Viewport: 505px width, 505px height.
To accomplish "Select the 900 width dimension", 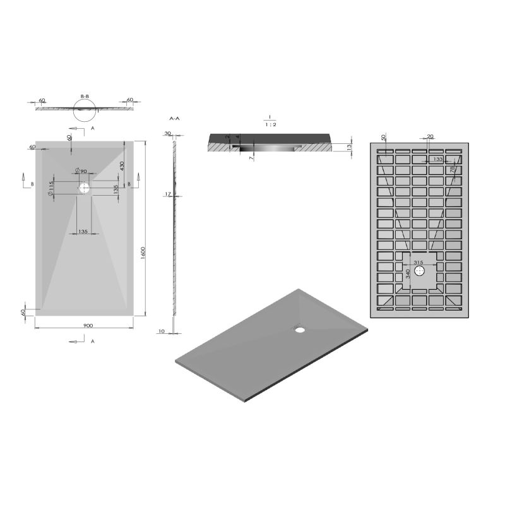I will click(88, 325).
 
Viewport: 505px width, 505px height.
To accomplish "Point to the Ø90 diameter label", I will click(81, 172).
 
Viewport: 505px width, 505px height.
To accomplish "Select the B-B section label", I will click(85, 97).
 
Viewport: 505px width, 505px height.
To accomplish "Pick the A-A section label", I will click(175, 118).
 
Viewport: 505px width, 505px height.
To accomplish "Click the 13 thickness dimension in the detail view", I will click(349, 146).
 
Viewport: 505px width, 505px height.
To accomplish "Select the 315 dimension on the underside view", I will click(418, 263).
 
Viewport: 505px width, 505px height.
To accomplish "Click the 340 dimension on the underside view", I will click(408, 273).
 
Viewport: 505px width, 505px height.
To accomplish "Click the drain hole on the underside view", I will click(421, 271).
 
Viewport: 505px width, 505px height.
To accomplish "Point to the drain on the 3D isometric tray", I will click(299, 328).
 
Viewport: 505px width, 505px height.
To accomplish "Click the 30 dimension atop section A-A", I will click(167, 134).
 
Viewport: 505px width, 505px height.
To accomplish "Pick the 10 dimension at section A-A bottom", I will click(162, 331).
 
